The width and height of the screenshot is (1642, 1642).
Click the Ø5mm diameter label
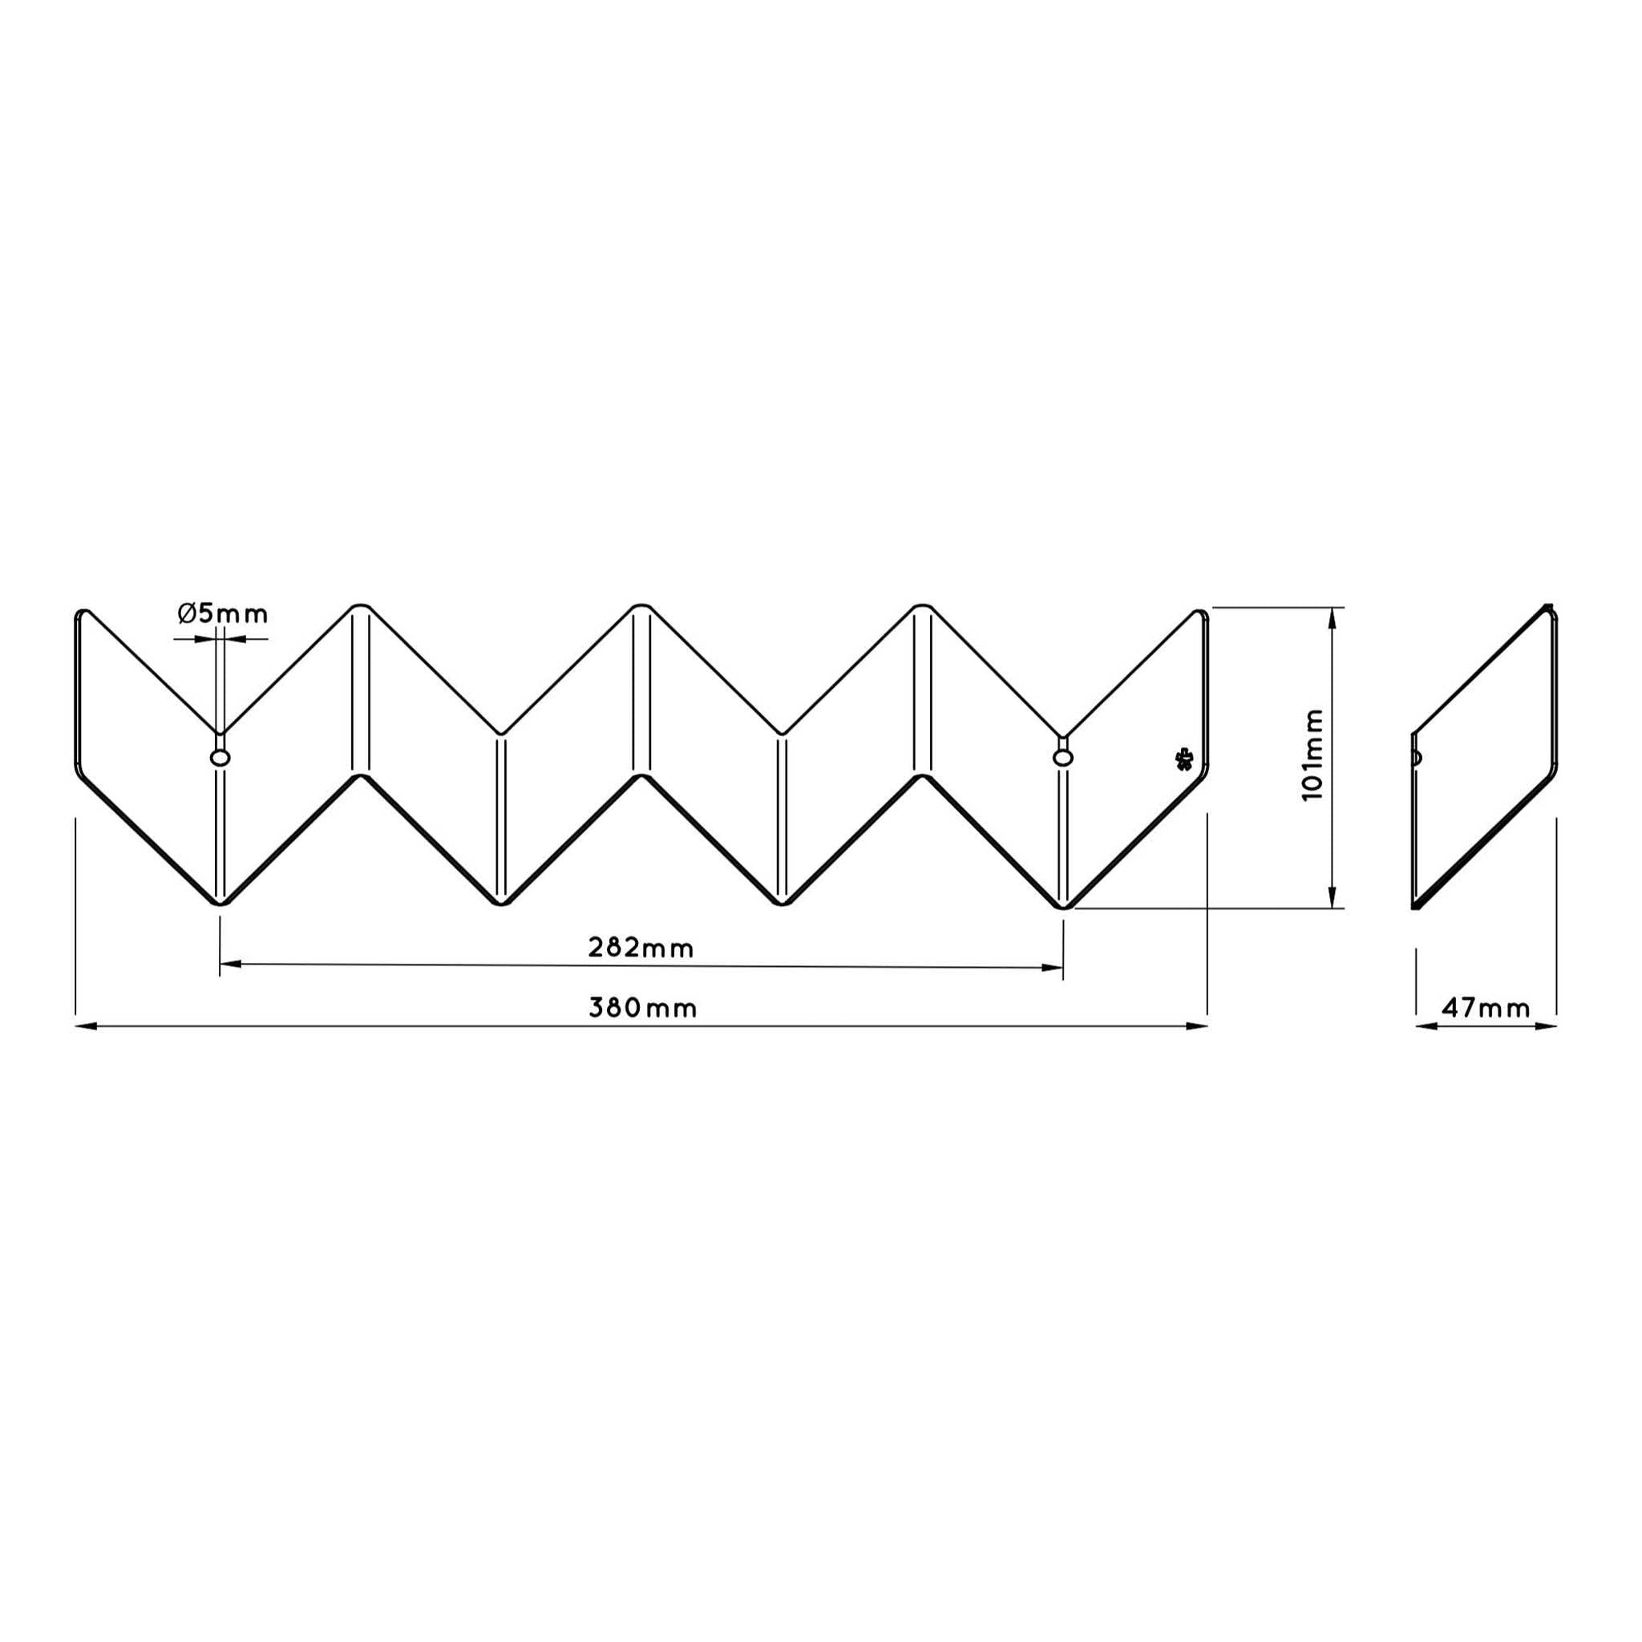coord(223,613)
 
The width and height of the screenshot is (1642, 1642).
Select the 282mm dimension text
coord(641,948)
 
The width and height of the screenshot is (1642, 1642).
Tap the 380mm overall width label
coord(642,1008)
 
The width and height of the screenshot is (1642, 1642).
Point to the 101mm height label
coord(1313,754)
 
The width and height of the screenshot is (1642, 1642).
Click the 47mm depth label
coord(1486,1008)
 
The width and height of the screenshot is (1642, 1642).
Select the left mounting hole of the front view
coord(220,757)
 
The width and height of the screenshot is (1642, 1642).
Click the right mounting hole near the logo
coord(1062,757)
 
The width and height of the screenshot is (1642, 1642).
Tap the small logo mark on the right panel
coord(1183,758)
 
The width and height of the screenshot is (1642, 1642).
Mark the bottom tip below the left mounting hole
coord(220,904)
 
